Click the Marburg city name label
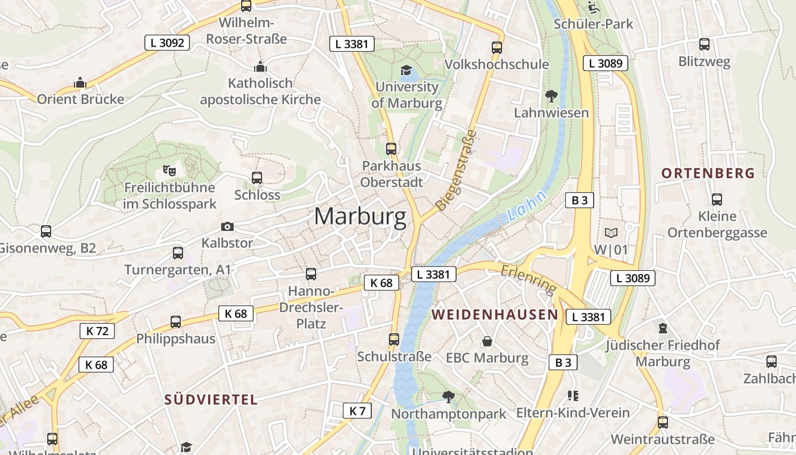tap(360, 217)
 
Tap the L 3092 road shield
tap(167, 42)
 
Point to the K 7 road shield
tap(357, 411)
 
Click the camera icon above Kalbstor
tap(227, 227)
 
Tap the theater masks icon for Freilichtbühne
tap(169, 170)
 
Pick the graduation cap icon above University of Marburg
tap(406, 71)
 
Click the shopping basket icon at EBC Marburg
tap(487, 341)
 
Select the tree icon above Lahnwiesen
tap(551, 96)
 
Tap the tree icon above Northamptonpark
tap(449, 396)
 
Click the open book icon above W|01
tap(611, 233)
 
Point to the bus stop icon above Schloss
tap(257, 178)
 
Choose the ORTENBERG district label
tap(708, 173)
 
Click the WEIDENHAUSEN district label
tap(495, 315)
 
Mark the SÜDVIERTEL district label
tap(212, 399)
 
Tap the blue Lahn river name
tap(526, 206)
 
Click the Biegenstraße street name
tap(455, 169)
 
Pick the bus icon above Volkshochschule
tap(497, 48)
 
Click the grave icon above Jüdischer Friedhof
tap(662, 328)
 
